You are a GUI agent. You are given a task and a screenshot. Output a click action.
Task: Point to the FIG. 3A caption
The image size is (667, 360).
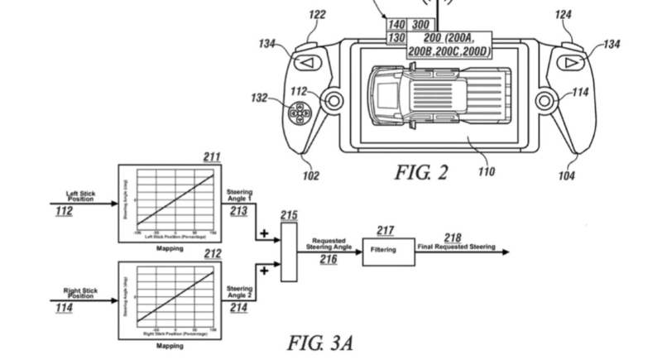[320, 341]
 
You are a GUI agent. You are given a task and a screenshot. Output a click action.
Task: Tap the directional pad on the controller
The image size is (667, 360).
[303, 113]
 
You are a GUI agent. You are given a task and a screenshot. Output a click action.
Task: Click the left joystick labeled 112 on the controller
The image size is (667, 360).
[333, 101]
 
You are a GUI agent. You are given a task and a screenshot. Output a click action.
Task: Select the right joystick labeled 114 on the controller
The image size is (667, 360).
[545, 102]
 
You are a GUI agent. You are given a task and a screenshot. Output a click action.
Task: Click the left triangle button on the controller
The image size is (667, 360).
[305, 62]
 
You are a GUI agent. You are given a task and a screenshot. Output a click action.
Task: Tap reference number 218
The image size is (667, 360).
[454, 238]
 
